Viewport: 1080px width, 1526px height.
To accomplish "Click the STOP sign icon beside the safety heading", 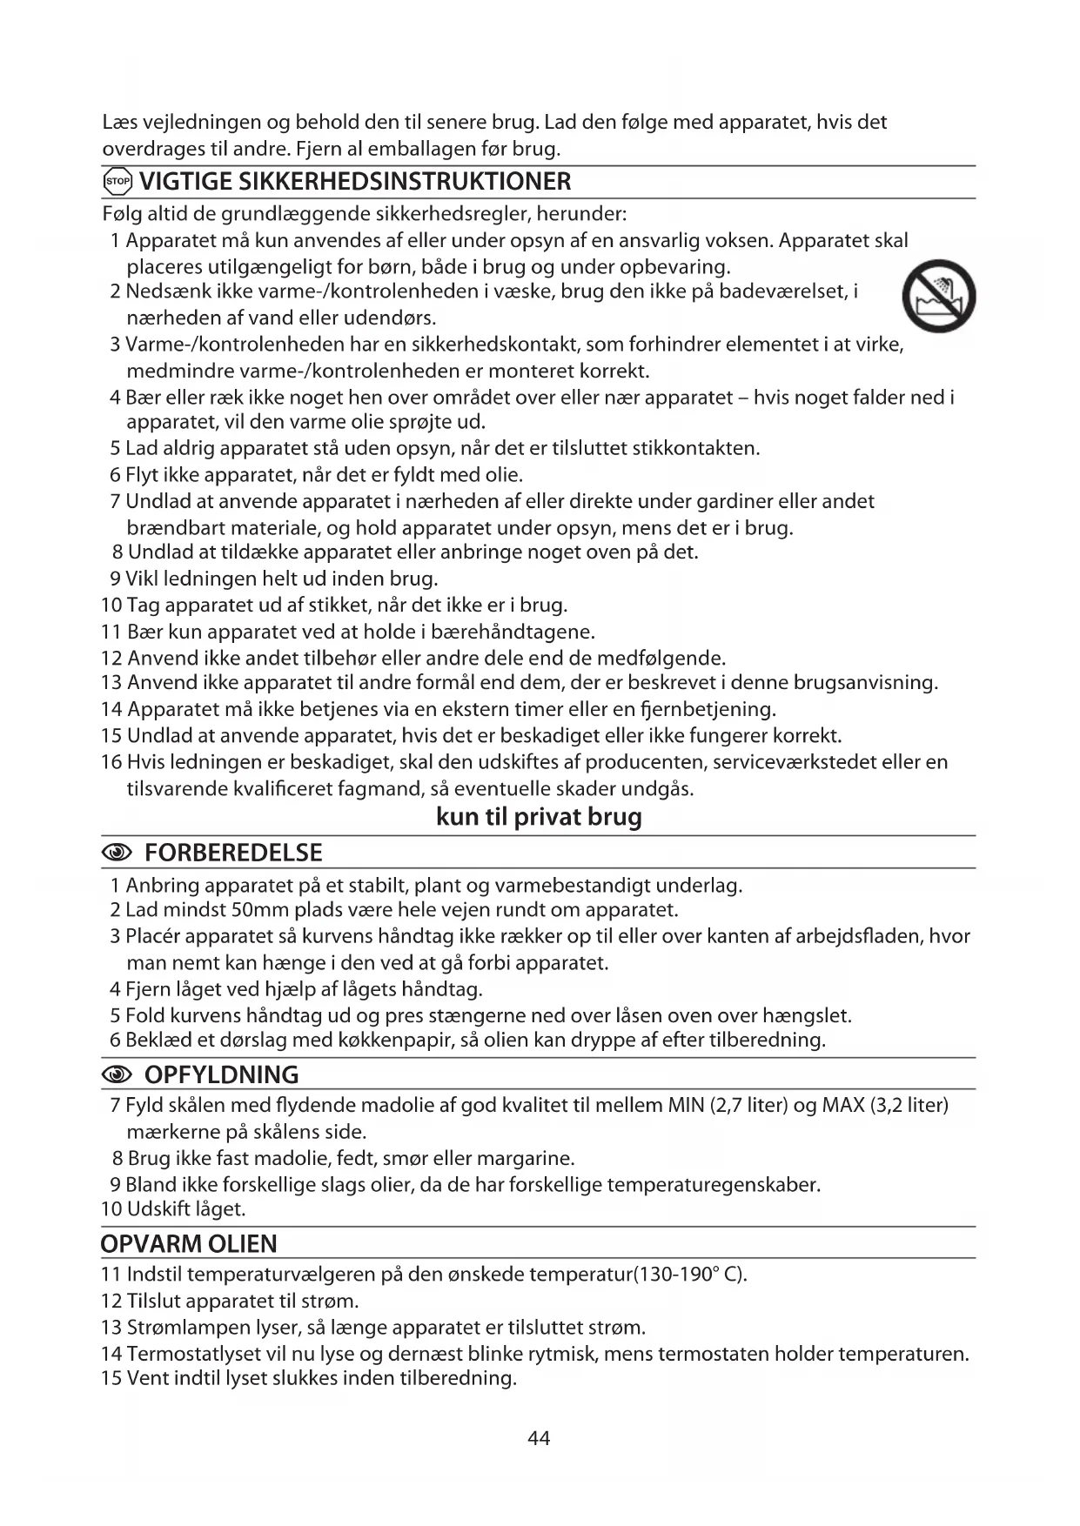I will (x=117, y=182).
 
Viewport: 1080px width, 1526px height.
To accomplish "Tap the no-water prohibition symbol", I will (x=939, y=296).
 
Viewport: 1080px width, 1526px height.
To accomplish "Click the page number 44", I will (x=539, y=1438).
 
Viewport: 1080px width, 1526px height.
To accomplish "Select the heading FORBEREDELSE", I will (x=233, y=853).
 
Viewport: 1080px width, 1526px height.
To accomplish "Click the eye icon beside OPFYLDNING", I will (x=117, y=1075).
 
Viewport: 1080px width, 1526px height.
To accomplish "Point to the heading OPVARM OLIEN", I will (x=189, y=1244).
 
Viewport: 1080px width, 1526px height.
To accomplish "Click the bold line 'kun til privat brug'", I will (x=539, y=817).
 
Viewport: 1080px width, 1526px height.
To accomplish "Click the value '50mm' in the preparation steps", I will (x=259, y=910).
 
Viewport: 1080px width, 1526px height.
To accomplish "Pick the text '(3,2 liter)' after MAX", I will (x=909, y=1105).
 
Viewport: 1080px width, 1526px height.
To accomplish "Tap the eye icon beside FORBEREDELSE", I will (x=117, y=853).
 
